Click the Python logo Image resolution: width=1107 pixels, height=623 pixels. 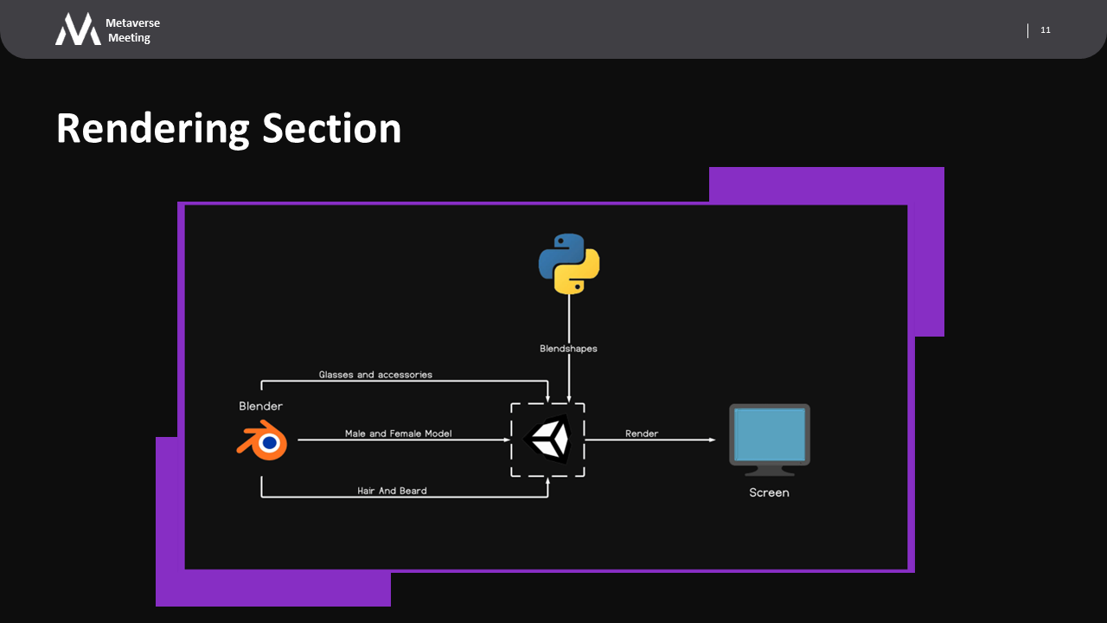coord(569,264)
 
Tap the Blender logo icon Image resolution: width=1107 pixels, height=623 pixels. coord(263,441)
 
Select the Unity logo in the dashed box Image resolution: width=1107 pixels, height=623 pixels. coord(547,440)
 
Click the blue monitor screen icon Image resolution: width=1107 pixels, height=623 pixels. coord(769,434)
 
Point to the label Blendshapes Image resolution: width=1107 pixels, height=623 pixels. coord(568,349)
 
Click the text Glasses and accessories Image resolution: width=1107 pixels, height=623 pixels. coord(375,375)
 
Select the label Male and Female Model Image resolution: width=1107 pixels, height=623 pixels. coord(398,434)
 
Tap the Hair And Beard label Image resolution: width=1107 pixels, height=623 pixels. coord(392,491)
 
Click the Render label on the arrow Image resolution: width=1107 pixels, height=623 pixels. coord(642,434)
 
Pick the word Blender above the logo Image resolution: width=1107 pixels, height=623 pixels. coord(260,406)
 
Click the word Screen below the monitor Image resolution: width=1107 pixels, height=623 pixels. coord(769,492)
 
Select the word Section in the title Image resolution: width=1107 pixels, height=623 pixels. coord(332,128)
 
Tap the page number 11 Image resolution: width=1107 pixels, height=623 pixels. coord(1046,30)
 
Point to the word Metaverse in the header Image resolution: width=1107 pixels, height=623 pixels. coord(132,22)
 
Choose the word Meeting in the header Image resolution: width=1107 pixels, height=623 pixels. coord(129,38)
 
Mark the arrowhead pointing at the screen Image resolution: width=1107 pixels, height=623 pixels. coord(712,440)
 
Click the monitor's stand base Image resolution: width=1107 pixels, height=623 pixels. coord(769,472)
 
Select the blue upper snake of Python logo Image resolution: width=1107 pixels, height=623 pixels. coord(559,253)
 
